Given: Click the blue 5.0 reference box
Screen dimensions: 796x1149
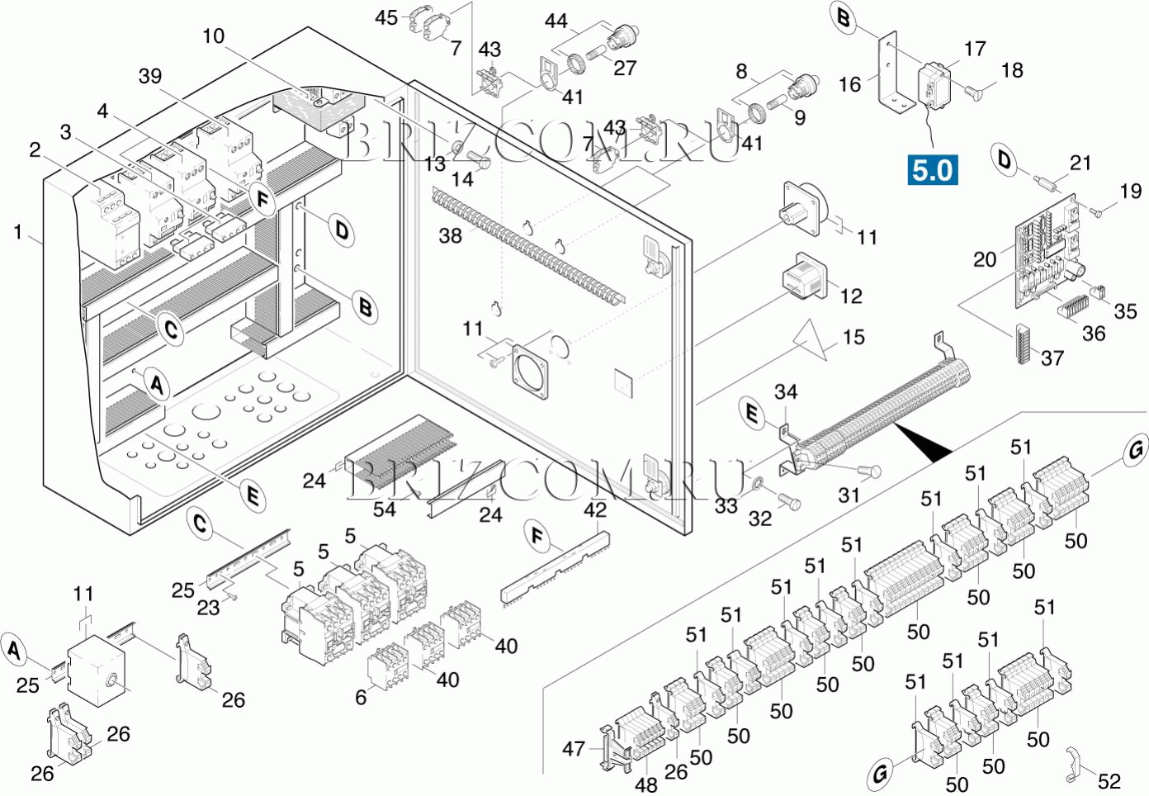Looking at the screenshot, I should [933, 170].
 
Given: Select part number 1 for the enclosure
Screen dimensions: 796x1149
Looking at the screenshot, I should [18, 233].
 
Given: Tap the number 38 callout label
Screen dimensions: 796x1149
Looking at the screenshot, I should [450, 236].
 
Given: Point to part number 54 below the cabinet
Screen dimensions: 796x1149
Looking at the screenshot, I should [384, 509].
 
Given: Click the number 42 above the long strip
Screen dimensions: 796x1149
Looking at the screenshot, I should [595, 509].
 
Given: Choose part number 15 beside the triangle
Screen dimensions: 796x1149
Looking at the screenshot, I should [853, 337].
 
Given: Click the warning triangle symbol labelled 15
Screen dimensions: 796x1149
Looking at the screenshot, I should [812, 340].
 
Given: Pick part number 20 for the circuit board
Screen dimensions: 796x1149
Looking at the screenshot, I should [985, 259].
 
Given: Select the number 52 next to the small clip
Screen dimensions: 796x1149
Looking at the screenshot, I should [1109, 781].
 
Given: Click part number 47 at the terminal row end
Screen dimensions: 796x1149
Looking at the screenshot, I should [574, 749].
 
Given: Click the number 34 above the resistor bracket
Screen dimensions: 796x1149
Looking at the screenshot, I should [786, 391].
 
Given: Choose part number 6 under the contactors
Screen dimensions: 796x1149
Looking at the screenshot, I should [361, 698].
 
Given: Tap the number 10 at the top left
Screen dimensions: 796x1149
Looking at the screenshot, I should [213, 36].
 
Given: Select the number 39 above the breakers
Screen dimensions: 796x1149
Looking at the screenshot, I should [150, 76].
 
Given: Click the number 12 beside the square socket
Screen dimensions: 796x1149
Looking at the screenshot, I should [851, 296].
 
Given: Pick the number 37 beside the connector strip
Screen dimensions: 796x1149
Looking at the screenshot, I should [1052, 358].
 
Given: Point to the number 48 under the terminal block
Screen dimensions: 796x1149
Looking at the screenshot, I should [646, 783].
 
